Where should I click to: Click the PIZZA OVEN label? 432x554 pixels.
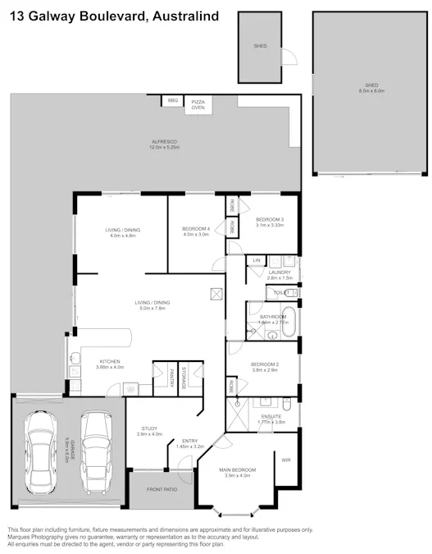pos(198,104)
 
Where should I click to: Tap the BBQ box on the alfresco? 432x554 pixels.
pos(172,100)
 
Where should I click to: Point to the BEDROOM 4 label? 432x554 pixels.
pos(195,230)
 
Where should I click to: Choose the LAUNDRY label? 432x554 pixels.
pos(280,274)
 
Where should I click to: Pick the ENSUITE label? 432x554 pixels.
pos(273,419)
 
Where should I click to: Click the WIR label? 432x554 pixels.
pos(286,460)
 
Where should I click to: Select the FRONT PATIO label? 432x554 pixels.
pos(161,490)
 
